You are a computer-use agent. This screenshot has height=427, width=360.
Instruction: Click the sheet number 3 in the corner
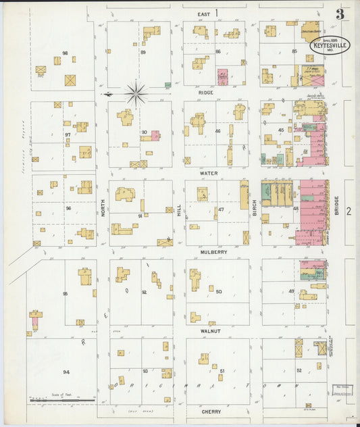pos(340,14)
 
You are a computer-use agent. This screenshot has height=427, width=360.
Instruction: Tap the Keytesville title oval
pos(330,45)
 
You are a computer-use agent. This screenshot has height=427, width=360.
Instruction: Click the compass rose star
pos(136,93)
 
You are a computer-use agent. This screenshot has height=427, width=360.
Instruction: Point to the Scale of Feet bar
pos(61,400)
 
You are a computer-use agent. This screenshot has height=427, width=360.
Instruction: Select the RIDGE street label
pos(206,93)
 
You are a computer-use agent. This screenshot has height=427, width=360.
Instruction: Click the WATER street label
pos(208,173)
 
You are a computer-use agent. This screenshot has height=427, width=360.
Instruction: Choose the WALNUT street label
pos(211,331)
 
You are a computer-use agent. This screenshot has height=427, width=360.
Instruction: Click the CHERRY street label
pos(211,411)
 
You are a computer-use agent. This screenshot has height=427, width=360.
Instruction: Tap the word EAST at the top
pos(203,14)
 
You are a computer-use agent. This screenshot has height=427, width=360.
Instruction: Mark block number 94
pos(66,372)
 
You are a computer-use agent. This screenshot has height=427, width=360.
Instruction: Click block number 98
pos(66,53)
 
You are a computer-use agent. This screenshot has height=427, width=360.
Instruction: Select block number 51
pos(222,370)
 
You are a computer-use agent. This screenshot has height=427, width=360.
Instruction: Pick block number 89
pos(143,52)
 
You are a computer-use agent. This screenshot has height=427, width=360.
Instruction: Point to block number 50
pos(219,291)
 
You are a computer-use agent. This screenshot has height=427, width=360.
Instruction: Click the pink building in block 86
pos(222,78)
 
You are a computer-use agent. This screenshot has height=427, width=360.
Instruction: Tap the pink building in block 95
pos(34,322)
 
